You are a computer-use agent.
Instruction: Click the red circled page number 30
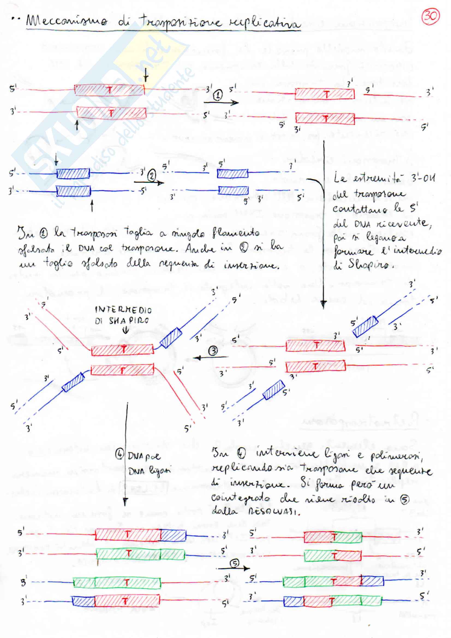431,16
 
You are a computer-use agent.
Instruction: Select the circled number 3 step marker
213,351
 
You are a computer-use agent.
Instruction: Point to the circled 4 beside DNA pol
120,455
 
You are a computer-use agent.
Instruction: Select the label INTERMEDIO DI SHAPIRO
123,315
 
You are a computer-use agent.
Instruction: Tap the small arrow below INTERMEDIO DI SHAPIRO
126,330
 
